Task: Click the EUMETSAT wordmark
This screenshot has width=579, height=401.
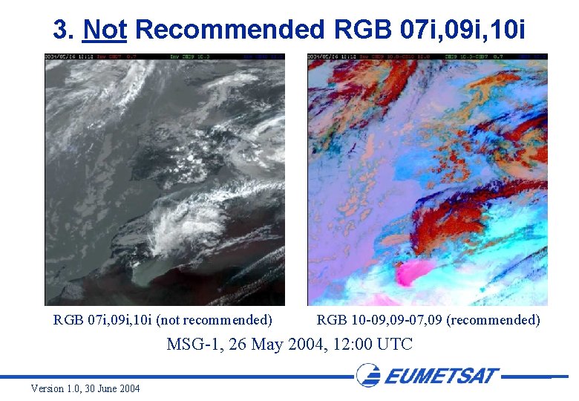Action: point(442,375)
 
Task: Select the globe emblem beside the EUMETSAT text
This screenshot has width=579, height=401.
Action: point(368,375)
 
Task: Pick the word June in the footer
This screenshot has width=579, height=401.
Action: point(105,389)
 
